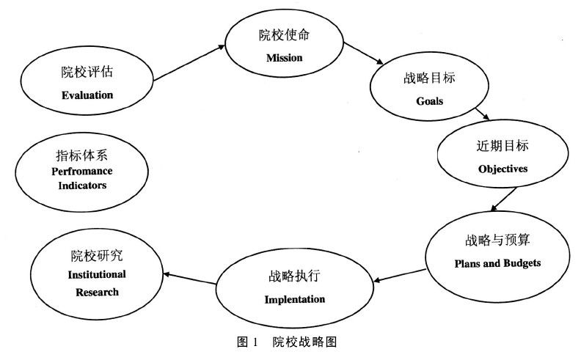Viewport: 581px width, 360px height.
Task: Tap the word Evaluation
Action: [x=87, y=95]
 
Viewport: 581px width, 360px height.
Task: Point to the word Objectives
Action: [x=503, y=168]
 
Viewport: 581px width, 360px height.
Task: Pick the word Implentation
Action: [x=294, y=299]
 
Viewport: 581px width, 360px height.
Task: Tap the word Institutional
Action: [x=97, y=274]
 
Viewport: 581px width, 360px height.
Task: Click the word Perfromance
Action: [x=83, y=171]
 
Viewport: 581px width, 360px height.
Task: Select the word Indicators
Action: [x=83, y=185]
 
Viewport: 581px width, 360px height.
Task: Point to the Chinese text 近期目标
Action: [x=503, y=145]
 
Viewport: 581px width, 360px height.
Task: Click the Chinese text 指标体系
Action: [x=82, y=155]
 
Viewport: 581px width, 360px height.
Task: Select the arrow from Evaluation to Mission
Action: [x=189, y=65]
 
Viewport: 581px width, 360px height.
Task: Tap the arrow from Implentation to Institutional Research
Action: [x=189, y=278]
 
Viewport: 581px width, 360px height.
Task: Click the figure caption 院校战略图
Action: [x=304, y=342]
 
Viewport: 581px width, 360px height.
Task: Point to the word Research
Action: [x=97, y=292]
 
